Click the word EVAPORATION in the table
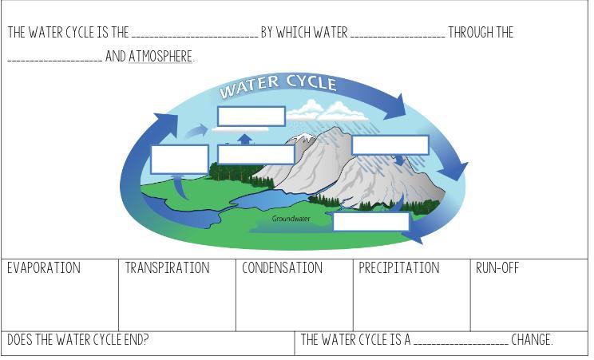pos(44,268)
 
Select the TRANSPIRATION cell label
pos(167,268)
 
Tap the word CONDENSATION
pos(282,268)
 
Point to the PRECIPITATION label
pos(398,268)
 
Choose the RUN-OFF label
pos(497,268)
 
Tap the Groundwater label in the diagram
pos(291,219)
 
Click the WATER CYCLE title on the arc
pos(278,85)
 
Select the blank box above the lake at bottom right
pos(370,221)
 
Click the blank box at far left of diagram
pos(180,159)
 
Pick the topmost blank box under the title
pos(251,116)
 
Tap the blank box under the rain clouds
pos(390,144)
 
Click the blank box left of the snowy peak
pos(255,154)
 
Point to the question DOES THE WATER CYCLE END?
pos(78,340)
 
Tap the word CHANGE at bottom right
pos(532,340)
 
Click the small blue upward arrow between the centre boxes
pos(245,139)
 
